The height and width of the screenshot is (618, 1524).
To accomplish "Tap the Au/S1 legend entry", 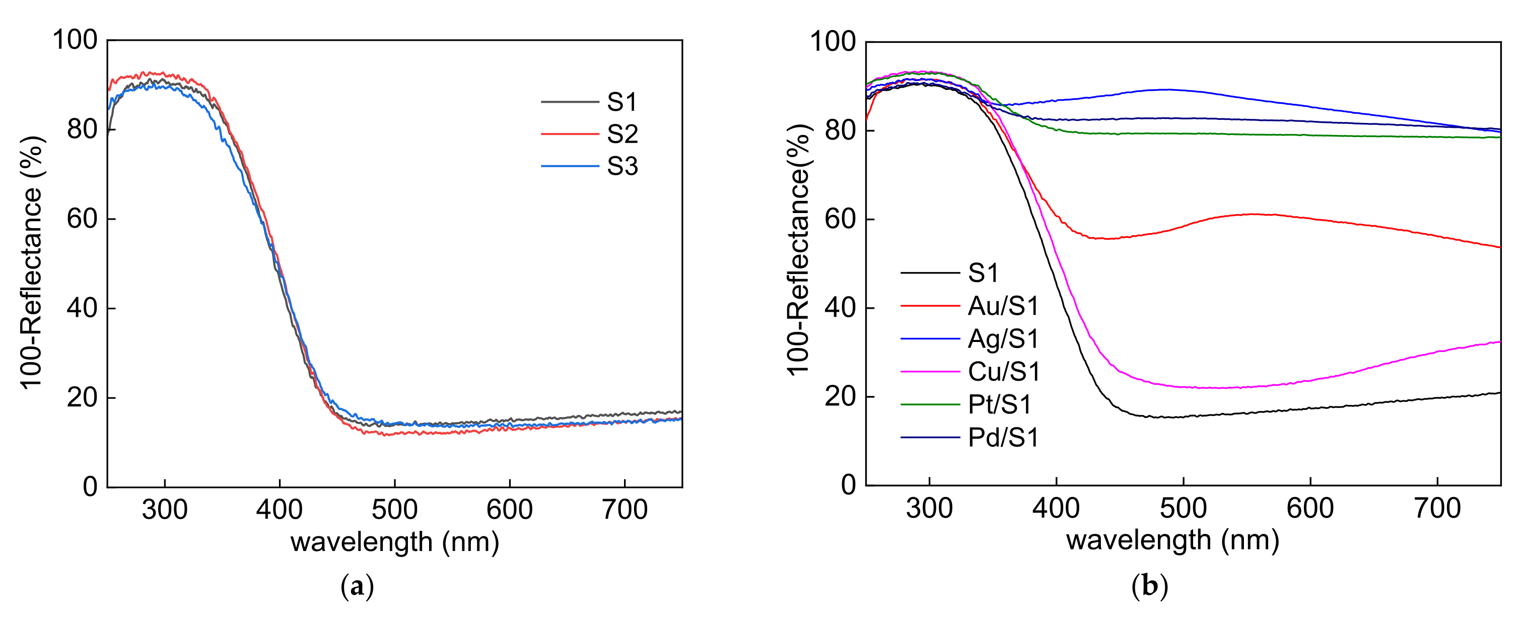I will tap(1003, 306).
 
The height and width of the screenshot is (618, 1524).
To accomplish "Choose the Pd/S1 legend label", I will tap(1003, 438).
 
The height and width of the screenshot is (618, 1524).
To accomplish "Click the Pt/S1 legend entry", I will tap(1000, 405).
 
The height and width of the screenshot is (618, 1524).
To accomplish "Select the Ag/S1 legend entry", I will tap(1003, 339).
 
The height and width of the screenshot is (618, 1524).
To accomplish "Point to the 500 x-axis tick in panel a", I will tap(395, 509).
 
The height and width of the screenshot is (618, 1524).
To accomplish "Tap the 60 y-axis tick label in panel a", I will tap(82, 219).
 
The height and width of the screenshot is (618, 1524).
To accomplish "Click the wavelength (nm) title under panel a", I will tap(395, 542).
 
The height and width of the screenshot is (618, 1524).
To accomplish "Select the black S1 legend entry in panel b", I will tap(983, 273).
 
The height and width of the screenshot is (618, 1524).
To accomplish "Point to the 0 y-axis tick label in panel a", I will tap(90, 486).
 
